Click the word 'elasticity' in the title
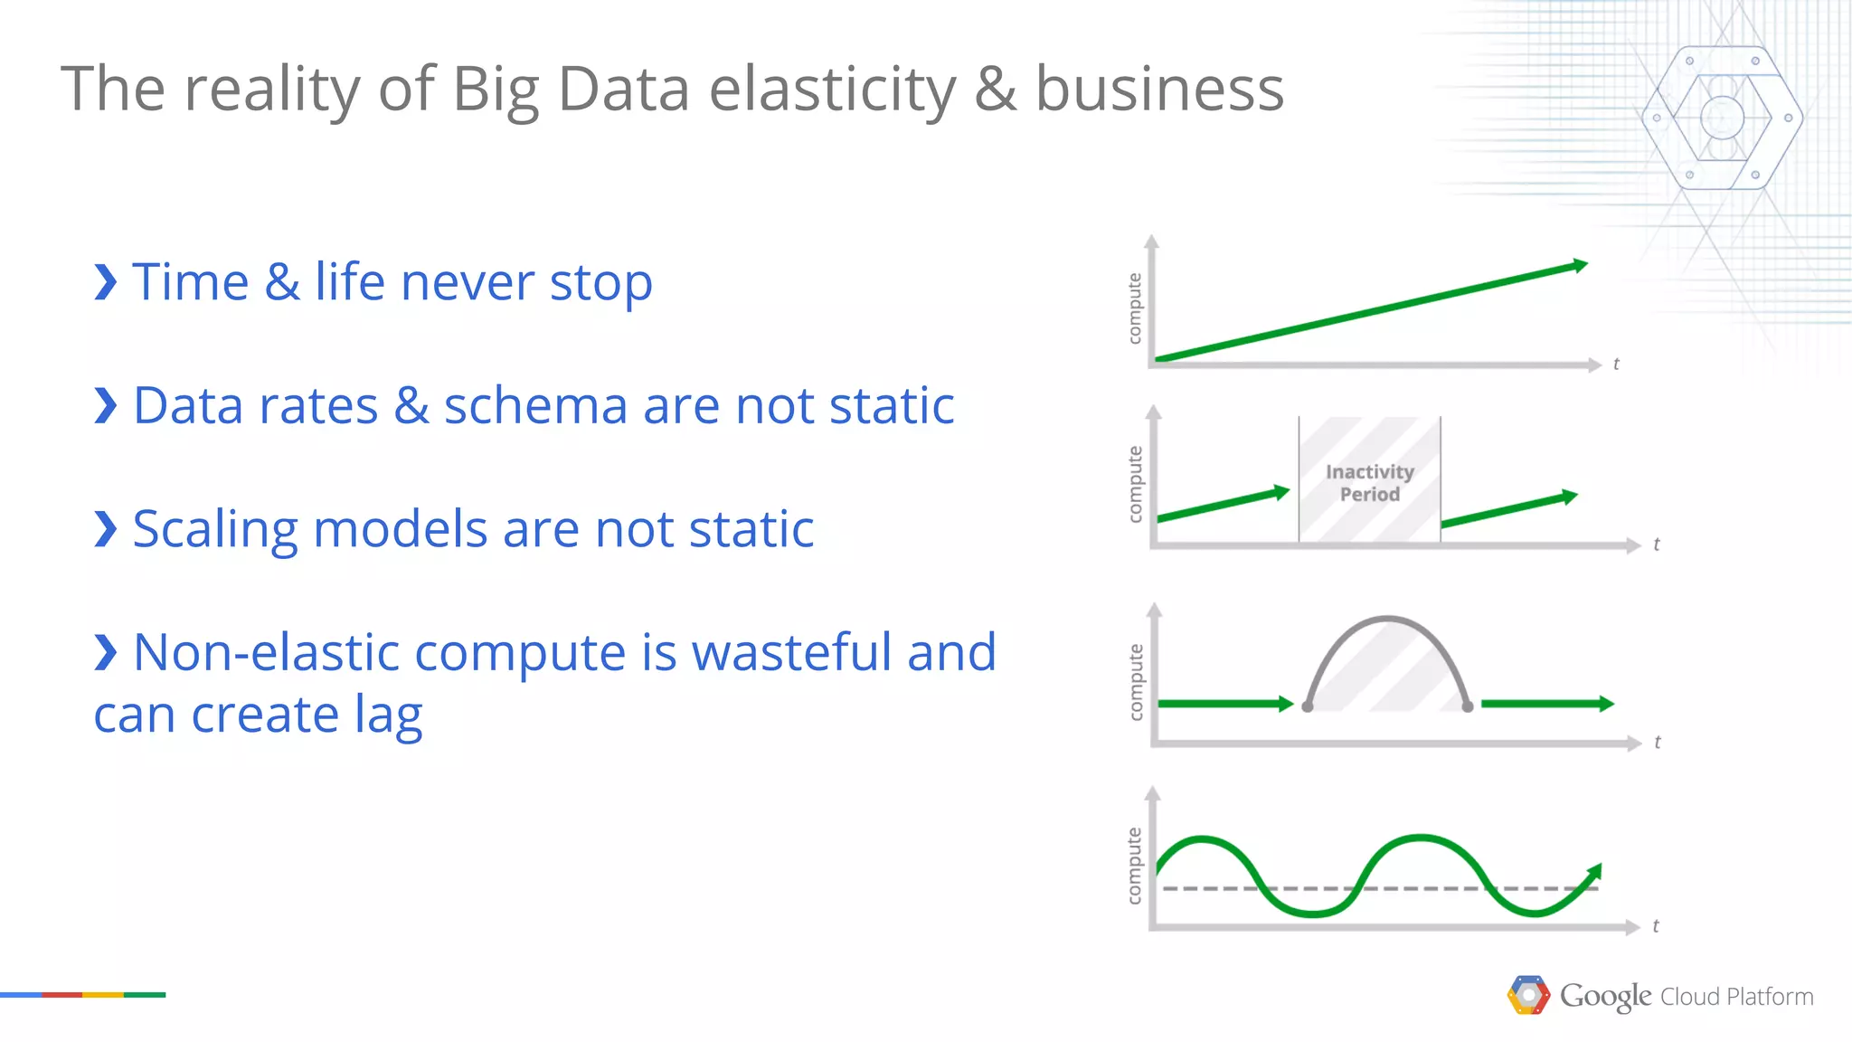pos(831,90)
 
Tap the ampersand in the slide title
pos(995,90)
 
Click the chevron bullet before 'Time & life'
pos(106,282)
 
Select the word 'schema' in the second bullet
pos(534,405)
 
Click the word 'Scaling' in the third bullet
pos(215,529)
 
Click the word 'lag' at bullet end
pos(388,715)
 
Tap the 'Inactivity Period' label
pos(1369,483)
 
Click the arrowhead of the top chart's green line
pos(1580,265)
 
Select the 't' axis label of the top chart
pos(1616,364)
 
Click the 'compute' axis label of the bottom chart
pos(1134,865)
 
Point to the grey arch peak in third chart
pos(1387,620)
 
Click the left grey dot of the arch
pos(1308,706)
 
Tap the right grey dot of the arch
pos(1468,706)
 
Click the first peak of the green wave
pos(1202,841)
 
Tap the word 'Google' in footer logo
pos(1605,996)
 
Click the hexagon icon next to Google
pos(1528,995)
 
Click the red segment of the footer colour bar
pos(61,995)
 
